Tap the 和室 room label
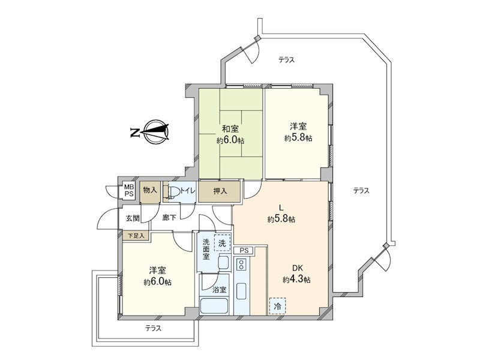point(230,128)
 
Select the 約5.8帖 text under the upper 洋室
point(298,138)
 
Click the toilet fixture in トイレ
point(172,192)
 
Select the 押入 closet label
point(220,191)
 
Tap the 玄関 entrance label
point(133,218)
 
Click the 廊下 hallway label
point(169,218)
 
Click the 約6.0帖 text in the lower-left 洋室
point(157,282)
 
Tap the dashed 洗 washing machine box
point(223,242)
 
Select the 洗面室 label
point(206,249)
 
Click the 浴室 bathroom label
point(220,290)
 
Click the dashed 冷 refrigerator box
point(277,305)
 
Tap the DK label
point(298,268)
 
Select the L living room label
point(280,208)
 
